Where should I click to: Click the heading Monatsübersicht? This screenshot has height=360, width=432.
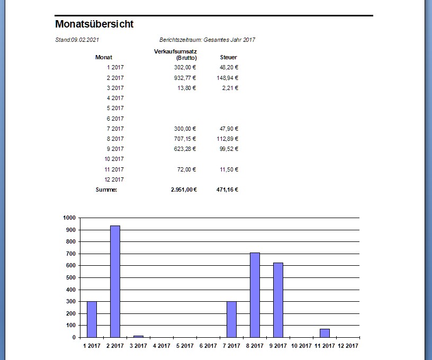coord(94,24)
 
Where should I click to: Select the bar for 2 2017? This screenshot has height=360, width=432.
coord(115,281)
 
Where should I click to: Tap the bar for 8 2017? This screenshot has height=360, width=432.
coord(255,295)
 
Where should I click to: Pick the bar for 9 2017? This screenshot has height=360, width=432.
coord(278,300)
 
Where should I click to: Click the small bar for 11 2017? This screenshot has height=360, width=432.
coord(325,333)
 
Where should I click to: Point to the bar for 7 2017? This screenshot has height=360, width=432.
coord(231,319)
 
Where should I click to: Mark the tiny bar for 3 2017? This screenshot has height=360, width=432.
coord(138,336)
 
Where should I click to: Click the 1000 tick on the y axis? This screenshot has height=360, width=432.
coord(69,218)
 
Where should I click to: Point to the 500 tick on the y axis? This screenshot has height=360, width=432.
coord(71,277)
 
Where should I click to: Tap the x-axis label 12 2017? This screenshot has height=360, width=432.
coord(348,346)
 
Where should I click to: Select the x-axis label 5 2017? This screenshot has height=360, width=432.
coord(185,346)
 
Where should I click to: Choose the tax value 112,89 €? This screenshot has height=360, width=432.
coord(228,139)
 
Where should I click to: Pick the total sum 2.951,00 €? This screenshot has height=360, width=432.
coord(183,190)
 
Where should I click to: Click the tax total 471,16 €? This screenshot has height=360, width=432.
coord(228,190)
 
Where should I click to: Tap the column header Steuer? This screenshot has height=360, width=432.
coord(228,57)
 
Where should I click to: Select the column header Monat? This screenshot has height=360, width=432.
coord(104,57)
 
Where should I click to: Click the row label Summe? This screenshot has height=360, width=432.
coord(106,190)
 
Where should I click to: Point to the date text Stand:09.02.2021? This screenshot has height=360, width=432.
coord(77,40)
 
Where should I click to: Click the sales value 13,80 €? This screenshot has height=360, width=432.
coord(187,88)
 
